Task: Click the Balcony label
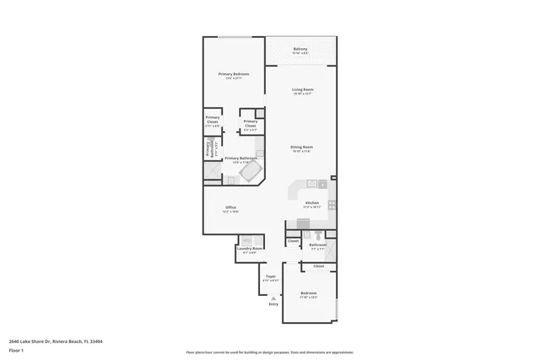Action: click(300, 49)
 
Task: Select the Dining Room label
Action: click(302, 148)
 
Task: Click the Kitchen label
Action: click(312, 203)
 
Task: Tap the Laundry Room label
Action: click(250, 249)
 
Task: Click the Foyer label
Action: click(271, 276)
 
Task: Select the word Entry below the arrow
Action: click(273, 304)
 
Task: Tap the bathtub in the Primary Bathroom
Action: click(251, 172)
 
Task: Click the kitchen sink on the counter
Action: click(311, 183)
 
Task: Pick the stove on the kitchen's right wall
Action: click(332, 204)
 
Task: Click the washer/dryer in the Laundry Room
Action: click(245, 240)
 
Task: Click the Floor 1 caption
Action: click(15, 349)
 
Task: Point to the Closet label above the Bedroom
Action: click(318, 266)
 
